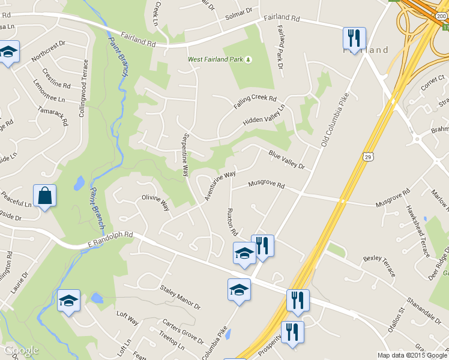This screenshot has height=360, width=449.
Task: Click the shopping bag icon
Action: coord(45,196)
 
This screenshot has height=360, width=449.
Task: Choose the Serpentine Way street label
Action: coord(186,154)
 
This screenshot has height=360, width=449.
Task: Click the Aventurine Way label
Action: coord(220,186)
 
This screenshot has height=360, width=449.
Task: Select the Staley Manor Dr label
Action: coord(180,297)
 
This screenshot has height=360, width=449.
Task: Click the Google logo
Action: coord(21,351)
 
